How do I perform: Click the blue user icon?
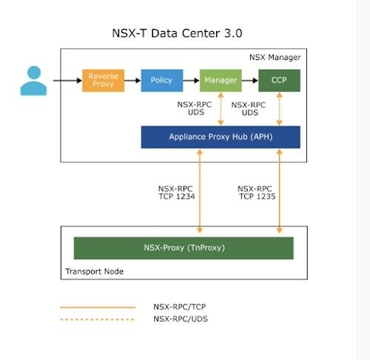(x=33, y=81)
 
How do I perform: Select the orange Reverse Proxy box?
(x=103, y=80)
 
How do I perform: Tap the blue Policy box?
(x=161, y=80)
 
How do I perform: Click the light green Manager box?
(x=221, y=80)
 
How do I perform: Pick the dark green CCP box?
(x=279, y=80)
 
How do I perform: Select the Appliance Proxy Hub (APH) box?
(x=221, y=137)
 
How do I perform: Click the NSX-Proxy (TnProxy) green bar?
(x=184, y=248)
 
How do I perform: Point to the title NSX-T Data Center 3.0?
(x=177, y=33)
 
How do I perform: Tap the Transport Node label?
(x=94, y=271)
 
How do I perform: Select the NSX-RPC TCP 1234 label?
(x=175, y=193)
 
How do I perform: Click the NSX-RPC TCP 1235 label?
(x=255, y=193)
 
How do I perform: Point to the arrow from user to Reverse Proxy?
(x=65, y=80)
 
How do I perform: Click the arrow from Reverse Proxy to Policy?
(x=132, y=80)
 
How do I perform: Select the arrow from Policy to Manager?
(x=191, y=80)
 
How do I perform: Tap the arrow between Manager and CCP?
(x=249, y=80)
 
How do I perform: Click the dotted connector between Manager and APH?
(x=221, y=109)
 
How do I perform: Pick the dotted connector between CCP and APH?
(x=279, y=109)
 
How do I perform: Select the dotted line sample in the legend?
(x=98, y=319)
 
